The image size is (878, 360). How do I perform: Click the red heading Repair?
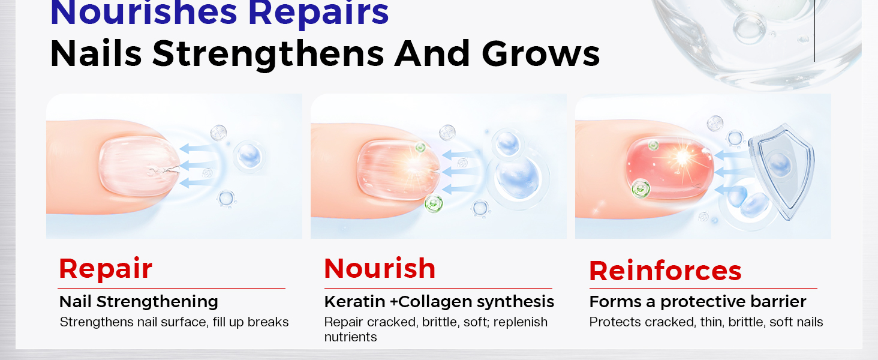pos(106,269)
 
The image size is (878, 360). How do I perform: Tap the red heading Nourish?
pos(380,268)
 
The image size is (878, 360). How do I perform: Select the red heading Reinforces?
pos(665,271)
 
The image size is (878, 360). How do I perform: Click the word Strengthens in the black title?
pos(269,53)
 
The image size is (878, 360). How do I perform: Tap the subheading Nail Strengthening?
pos(139,301)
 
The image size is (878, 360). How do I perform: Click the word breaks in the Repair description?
pos(268,322)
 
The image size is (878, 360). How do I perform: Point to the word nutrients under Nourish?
pos(350,337)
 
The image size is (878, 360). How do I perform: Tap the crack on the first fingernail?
pos(161,173)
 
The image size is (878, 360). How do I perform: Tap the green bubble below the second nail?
pos(433,203)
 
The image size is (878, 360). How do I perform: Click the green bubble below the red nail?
pos(641,190)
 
